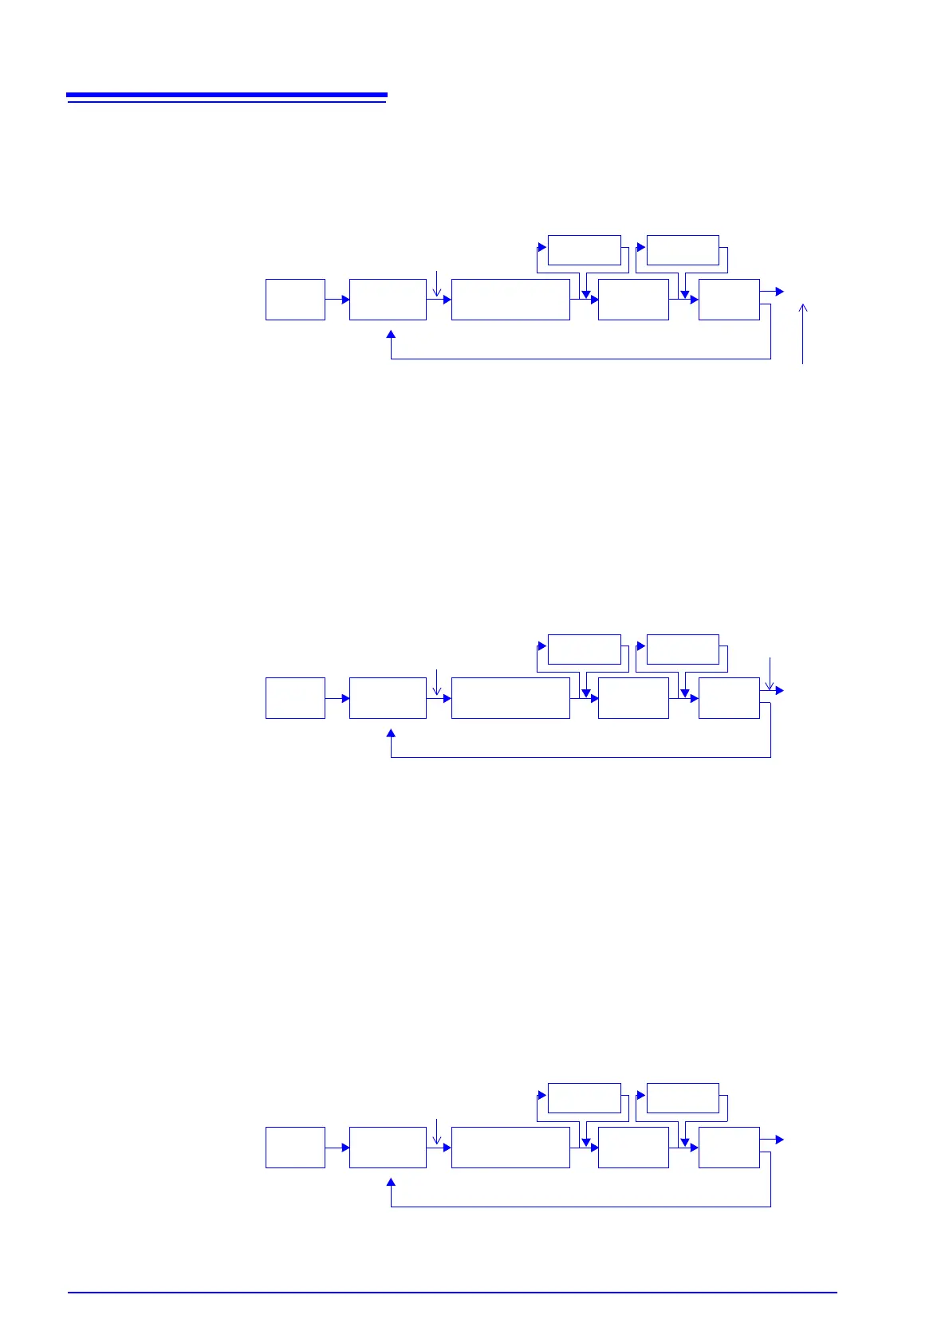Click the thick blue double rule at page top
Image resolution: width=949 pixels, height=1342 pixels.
[x=226, y=97]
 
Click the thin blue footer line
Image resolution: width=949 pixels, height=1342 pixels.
[x=452, y=1293]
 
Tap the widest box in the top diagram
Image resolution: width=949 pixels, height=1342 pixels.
[x=510, y=300]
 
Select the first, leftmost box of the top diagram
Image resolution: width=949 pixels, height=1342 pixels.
[x=295, y=300]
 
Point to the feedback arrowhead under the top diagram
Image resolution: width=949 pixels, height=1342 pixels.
[x=391, y=335]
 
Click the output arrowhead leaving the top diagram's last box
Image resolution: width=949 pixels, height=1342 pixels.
[x=780, y=292]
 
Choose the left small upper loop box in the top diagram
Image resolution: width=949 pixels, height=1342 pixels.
[x=585, y=250]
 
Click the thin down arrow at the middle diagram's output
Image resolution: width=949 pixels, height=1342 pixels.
[x=770, y=673]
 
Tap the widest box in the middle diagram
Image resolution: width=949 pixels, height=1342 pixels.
[x=510, y=698]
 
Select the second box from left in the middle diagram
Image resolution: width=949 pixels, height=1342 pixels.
[x=388, y=698]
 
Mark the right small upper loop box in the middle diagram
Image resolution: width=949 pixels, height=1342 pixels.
[x=683, y=649]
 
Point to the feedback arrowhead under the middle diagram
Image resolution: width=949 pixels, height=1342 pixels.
[x=391, y=733]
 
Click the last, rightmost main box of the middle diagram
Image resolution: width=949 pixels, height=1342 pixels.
[x=729, y=698]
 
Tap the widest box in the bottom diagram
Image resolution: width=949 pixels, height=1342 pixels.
[x=510, y=1148]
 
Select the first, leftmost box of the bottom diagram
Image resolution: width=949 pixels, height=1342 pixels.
[x=295, y=1148]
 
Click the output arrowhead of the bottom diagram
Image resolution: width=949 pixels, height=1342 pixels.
[x=780, y=1140]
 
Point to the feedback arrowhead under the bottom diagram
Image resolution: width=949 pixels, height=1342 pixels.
[x=391, y=1183]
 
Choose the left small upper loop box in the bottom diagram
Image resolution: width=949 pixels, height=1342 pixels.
[x=585, y=1098]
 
